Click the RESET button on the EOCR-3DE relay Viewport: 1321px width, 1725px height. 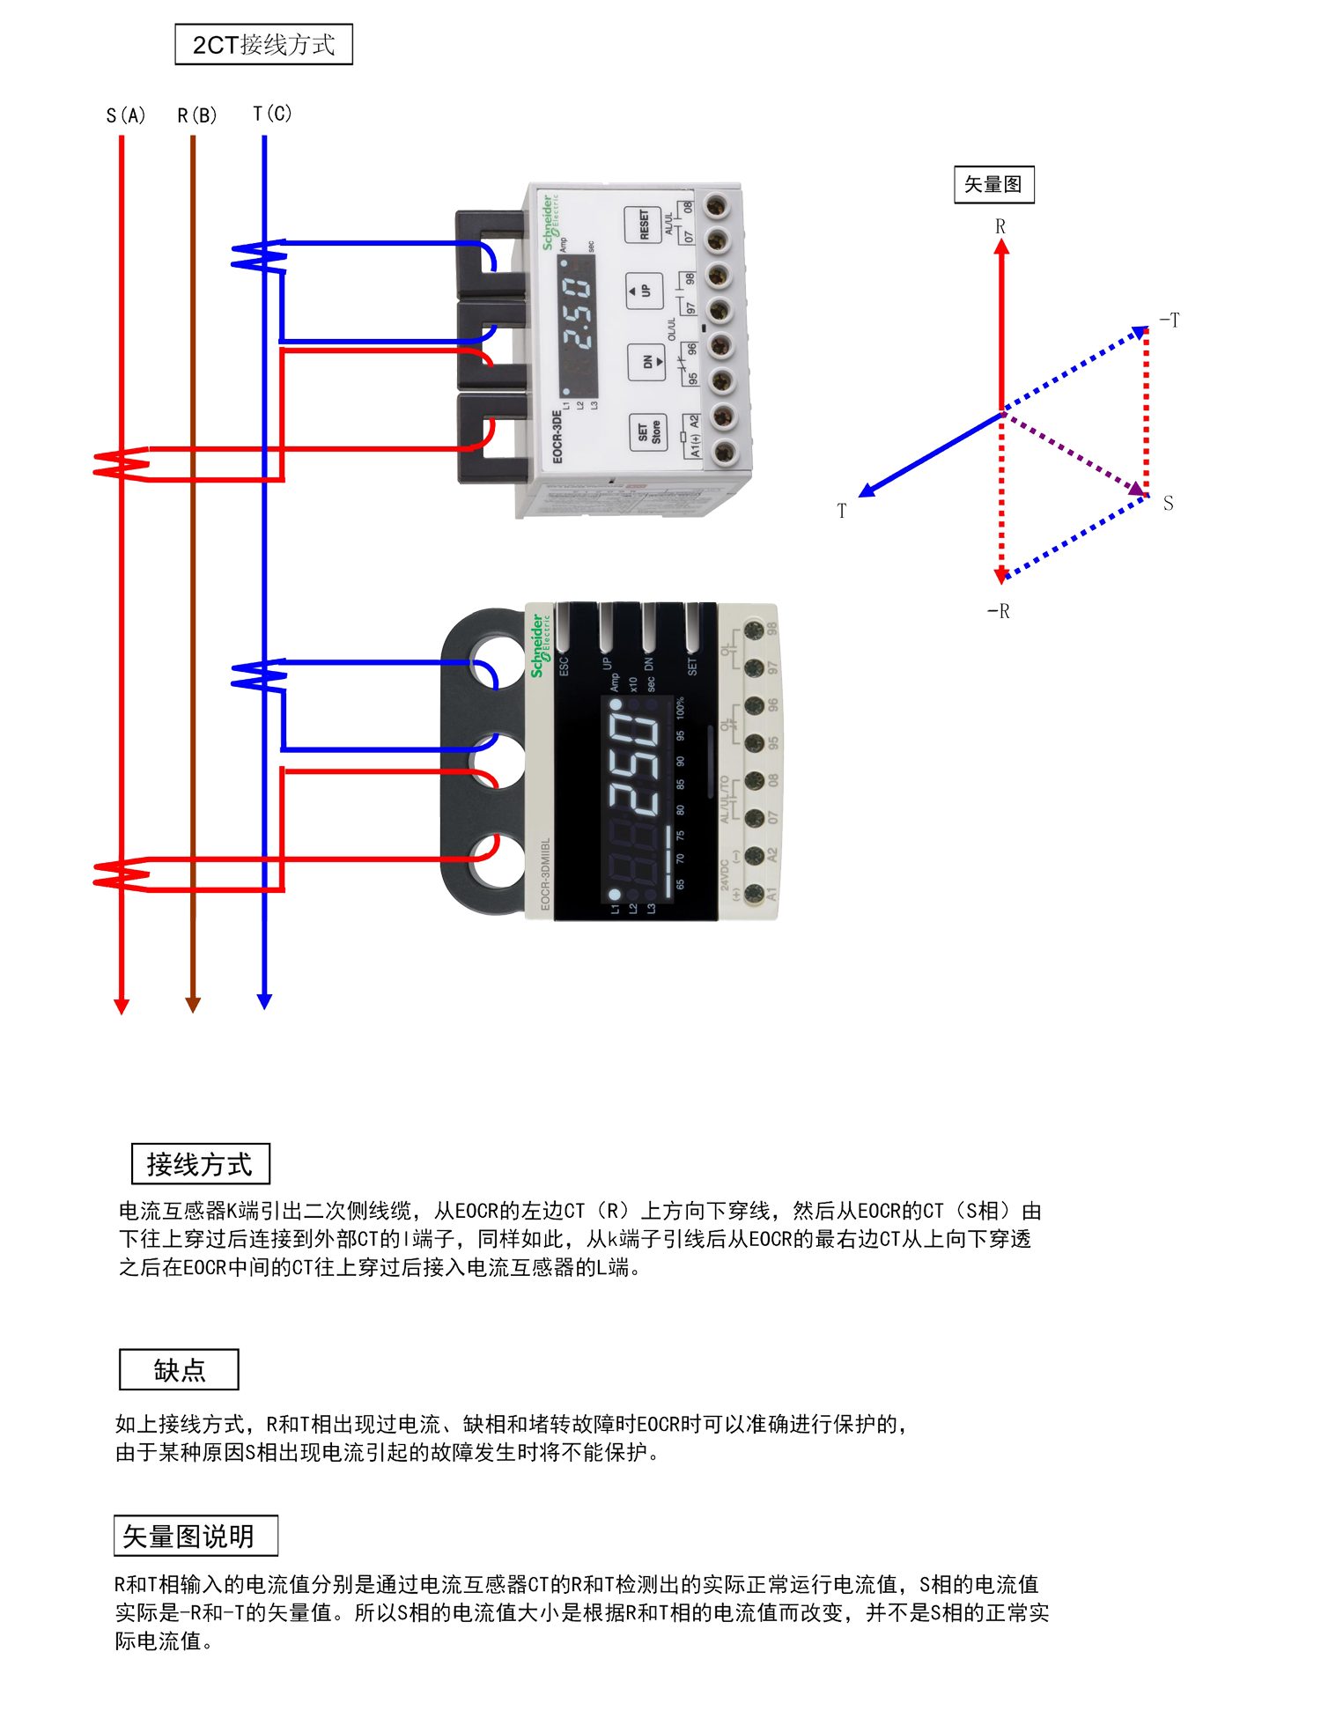tap(643, 225)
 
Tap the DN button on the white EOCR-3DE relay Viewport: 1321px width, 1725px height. tap(647, 361)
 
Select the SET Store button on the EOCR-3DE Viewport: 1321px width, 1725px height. tap(648, 431)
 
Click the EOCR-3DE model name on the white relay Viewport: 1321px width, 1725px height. tap(557, 436)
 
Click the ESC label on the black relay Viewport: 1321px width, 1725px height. tap(565, 666)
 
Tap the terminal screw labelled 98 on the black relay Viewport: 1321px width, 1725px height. tap(754, 630)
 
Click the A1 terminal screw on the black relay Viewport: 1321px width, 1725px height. tap(754, 894)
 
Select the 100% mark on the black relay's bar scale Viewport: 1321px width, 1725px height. tap(680, 707)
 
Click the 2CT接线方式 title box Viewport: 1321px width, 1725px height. tap(263, 44)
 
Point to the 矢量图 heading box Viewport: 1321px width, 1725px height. tap(993, 184)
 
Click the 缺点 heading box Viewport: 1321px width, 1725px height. tap(179, 1370)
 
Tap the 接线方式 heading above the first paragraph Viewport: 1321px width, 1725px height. tap(200, 1164)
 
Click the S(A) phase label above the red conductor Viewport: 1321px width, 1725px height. tap(125, 115)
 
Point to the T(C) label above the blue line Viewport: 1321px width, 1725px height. tap(271, 114)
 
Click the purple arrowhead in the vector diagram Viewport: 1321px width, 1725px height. tap(1138, 487)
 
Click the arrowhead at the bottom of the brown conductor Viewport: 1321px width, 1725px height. tap(193, 1004)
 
